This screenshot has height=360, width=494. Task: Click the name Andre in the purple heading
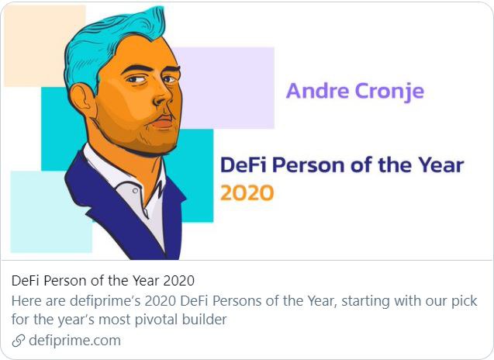(x=318, y=91)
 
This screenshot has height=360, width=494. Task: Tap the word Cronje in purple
(x=390, y=92)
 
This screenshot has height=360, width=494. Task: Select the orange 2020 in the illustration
(x=247, y=193)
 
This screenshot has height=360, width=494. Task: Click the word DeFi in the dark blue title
(x=244, y=164)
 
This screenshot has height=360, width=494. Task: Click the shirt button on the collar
(x=135, y=191)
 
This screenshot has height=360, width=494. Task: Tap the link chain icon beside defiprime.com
(x=19, y=341)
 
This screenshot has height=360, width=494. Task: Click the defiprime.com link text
(x=74, y=341)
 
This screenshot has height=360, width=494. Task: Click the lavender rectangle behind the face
(x=226, y=88)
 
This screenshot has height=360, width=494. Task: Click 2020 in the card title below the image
(x=179, y=281)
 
